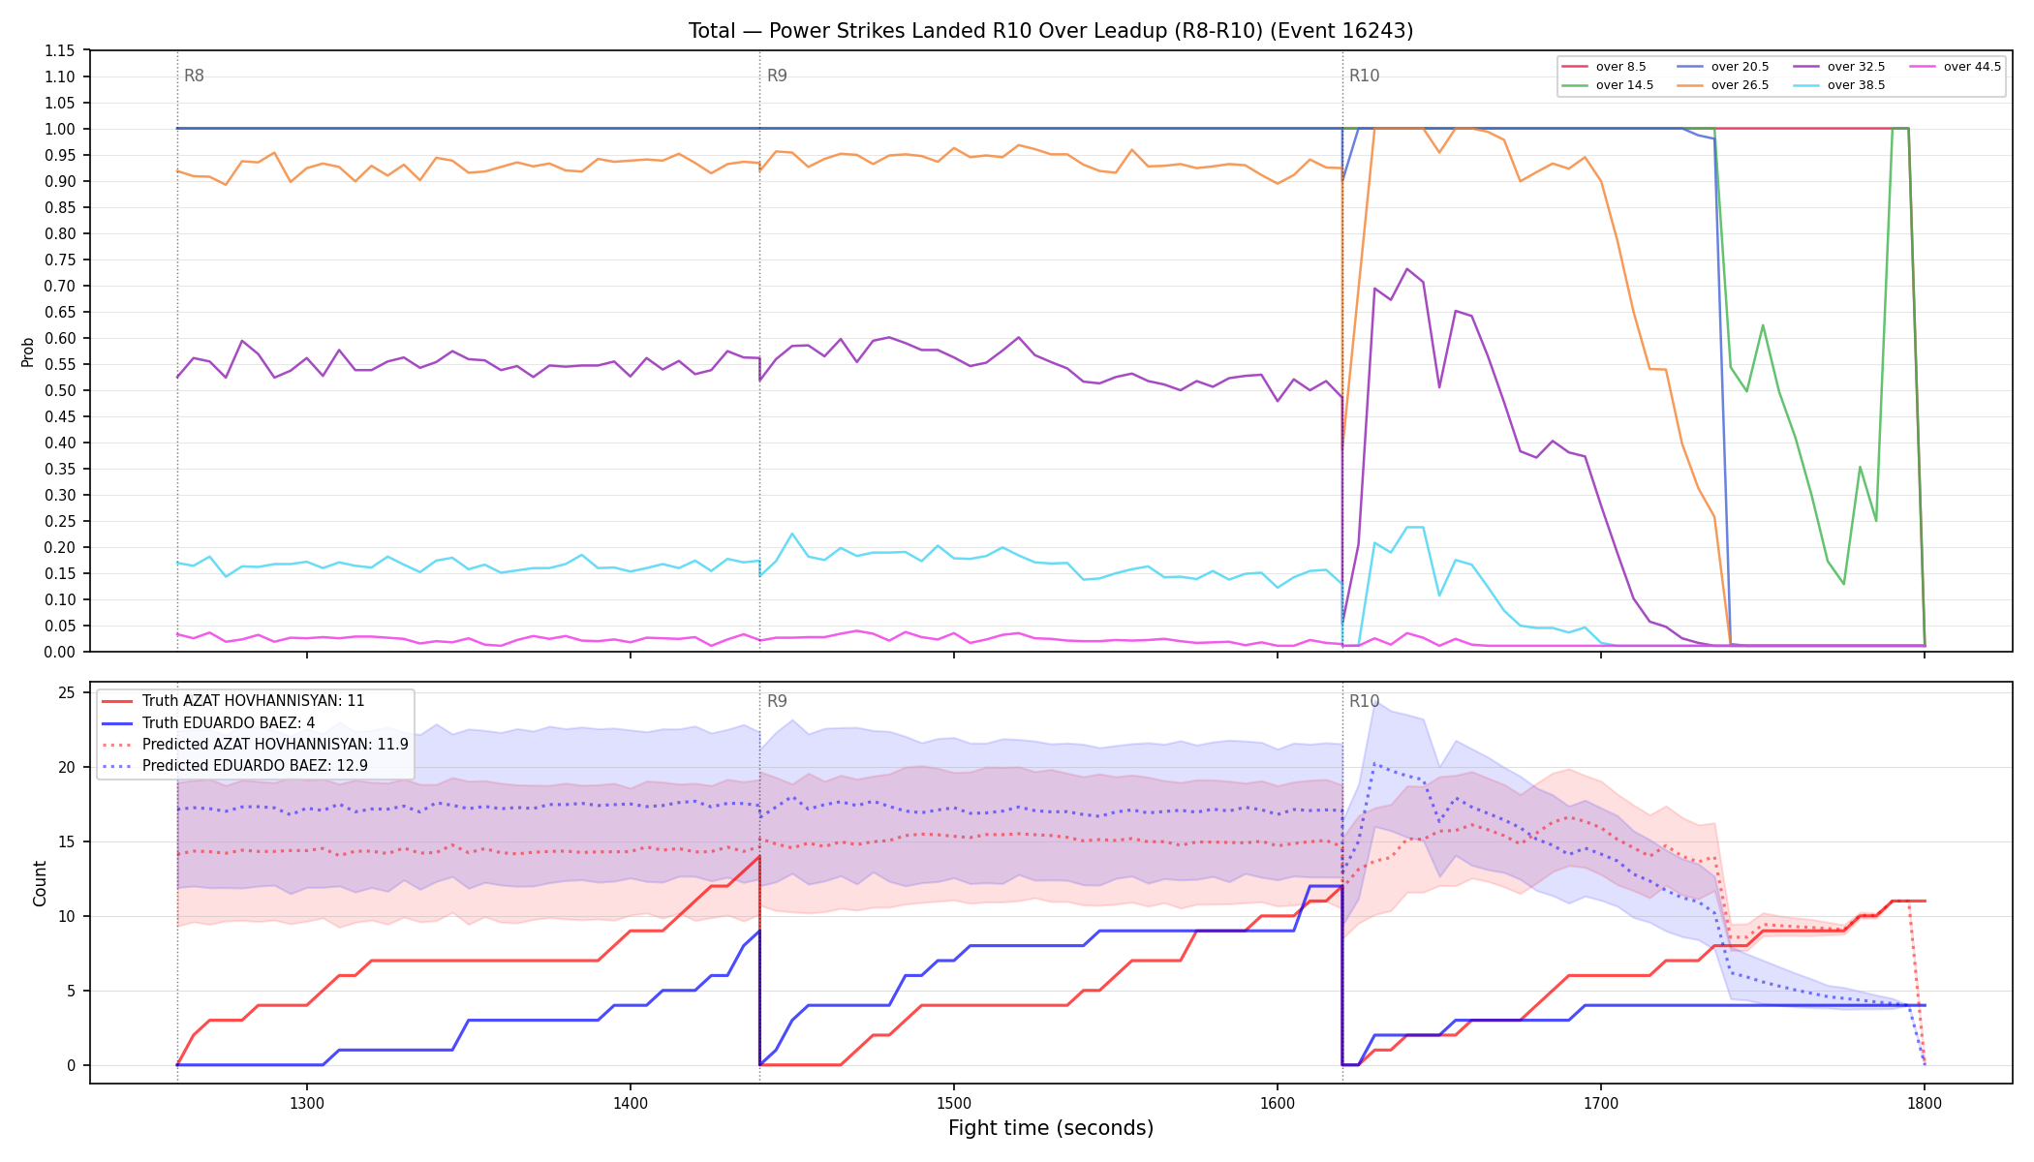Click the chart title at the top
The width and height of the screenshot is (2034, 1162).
[1051, 31]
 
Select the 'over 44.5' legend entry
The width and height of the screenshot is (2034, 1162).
[1956, 67]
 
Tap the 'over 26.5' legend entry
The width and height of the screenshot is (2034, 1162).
[1723, 85]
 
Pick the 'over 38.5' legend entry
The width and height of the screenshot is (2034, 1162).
[1839, 85]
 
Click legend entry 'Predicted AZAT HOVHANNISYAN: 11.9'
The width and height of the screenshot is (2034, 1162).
[255, 745]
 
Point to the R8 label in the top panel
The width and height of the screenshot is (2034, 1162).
[194, 76]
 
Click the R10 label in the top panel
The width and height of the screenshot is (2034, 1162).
[1364, 76]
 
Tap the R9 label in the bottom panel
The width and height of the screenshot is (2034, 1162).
[777, 701]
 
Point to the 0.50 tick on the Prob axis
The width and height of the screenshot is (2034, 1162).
[61, 390]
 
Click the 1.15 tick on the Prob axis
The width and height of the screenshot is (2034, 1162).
[61, 50]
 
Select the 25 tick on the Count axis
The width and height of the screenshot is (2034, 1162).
[68, 692]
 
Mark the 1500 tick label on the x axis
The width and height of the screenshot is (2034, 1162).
[954, 1103]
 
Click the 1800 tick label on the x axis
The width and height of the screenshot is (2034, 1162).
[1925, 1103]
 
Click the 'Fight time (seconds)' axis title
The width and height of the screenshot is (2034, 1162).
[1051, 1128]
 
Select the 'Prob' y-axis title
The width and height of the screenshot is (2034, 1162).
[28, 352]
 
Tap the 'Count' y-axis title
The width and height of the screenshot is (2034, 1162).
[40, 883]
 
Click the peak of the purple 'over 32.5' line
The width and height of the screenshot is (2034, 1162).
[1406, 269]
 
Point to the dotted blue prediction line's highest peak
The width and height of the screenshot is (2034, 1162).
[1375, 763]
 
